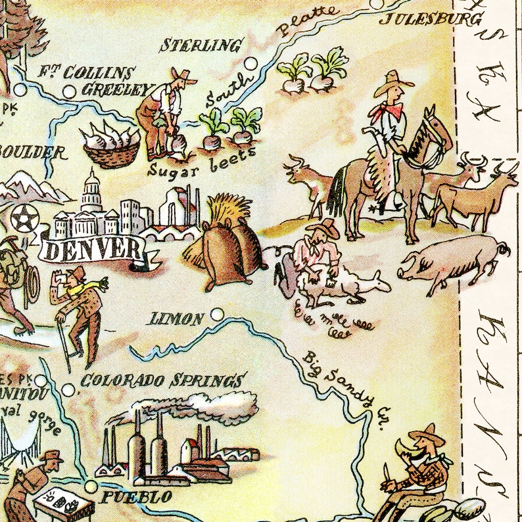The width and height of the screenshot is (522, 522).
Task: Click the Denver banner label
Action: [95, 249]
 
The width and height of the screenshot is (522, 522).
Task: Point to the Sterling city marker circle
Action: [250, 64]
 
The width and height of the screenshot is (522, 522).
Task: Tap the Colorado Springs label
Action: [162, 381]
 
